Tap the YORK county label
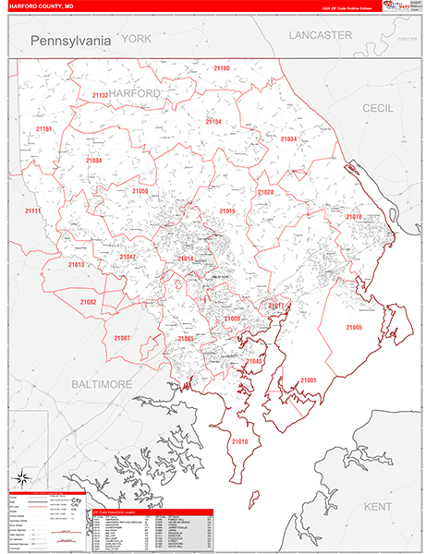(x=135, y=39)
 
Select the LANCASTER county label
(x=320, y=35)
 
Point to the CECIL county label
(x=377, y=108)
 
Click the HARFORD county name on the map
(x=134, y=94)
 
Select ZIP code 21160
(x=222, y=68)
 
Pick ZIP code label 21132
(x=100, y=95)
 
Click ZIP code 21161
(x=43, y=129)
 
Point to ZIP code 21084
(x=94, y=161)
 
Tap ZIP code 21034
(x=288, y=138)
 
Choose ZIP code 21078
(x=354, y=216)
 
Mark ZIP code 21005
(x=354, y=328)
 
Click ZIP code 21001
(x=308, y=380)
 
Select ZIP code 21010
(x=239, y=442)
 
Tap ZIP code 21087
(x=122, y=338)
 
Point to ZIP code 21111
(x=33, y=211)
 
